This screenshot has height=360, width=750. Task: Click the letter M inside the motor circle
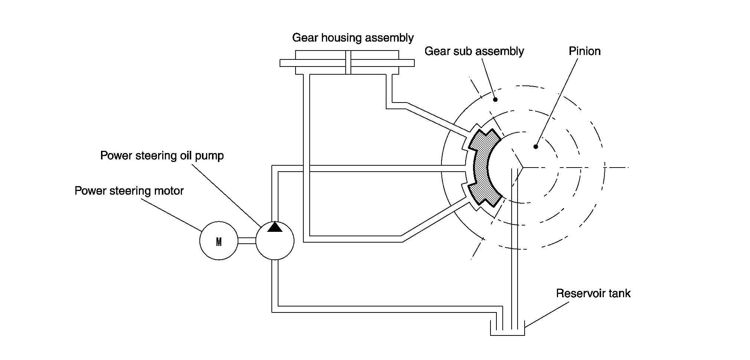[x=219, y=242]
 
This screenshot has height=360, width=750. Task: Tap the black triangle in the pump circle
[x=275, y=227]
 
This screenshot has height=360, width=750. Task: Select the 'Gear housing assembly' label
[x=353, y=38]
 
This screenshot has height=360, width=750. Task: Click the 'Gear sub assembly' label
[x=474, y=51]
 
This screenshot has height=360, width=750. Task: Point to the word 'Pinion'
[x=584, y=51]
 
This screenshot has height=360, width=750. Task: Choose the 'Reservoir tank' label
[x=593, y=293]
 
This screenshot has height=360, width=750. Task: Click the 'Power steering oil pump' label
[x=162, y=156]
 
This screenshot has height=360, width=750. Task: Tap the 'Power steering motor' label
[x=129, y=191]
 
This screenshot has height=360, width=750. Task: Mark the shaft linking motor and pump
[x=247, y=241]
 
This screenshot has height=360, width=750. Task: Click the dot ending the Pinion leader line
[x=535, y=147]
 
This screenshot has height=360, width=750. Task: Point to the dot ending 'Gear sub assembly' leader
[x=495, y=100]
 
